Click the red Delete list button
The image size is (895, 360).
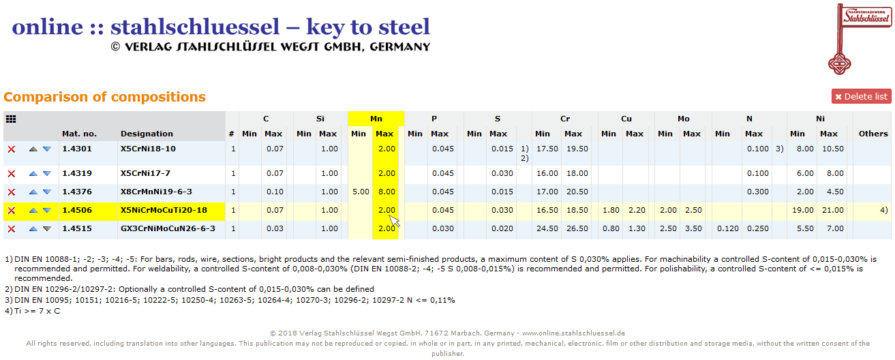click(861, 96)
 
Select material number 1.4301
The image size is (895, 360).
click(76, 149)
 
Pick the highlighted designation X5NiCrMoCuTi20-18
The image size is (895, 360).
click(164, 210)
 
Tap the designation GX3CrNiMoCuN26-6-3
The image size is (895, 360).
click(168, 228)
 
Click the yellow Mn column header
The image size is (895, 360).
click(376, 119)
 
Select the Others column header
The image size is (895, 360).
click(873, 134)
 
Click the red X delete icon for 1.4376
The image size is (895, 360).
click(11, 192)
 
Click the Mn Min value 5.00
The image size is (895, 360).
click(361, 192)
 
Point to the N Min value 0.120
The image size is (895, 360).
click(727, 228)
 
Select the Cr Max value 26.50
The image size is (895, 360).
click(577, 228)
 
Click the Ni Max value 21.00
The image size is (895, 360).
click(832, 210)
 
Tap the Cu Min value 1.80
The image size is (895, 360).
click(611, 210)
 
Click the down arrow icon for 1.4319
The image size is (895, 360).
click(46, 173)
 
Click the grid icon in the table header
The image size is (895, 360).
click(11, 119)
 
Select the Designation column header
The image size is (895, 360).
click(147, 134)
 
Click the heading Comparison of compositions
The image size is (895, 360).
click(104, 97)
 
